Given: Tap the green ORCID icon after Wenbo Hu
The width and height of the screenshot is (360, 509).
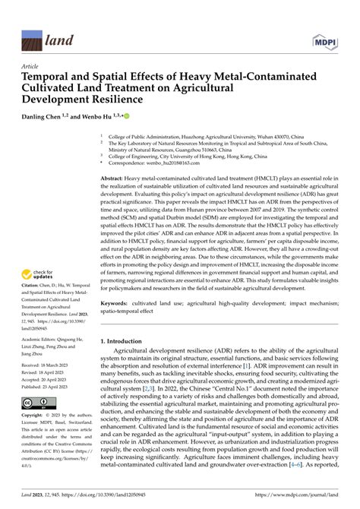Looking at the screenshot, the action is pyautogui.click(x=128, y=115).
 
